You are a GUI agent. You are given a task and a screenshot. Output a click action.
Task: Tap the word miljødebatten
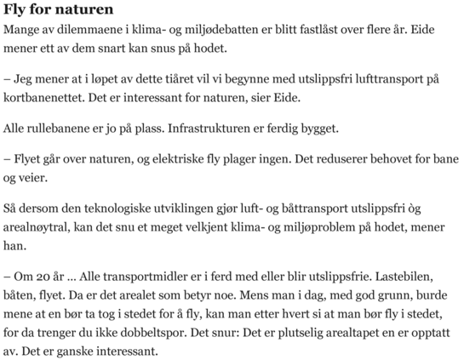pyautogui.click(x=203, y=31)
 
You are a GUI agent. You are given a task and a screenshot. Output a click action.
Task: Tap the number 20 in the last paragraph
pyautogui.click(x=41, y=277)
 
